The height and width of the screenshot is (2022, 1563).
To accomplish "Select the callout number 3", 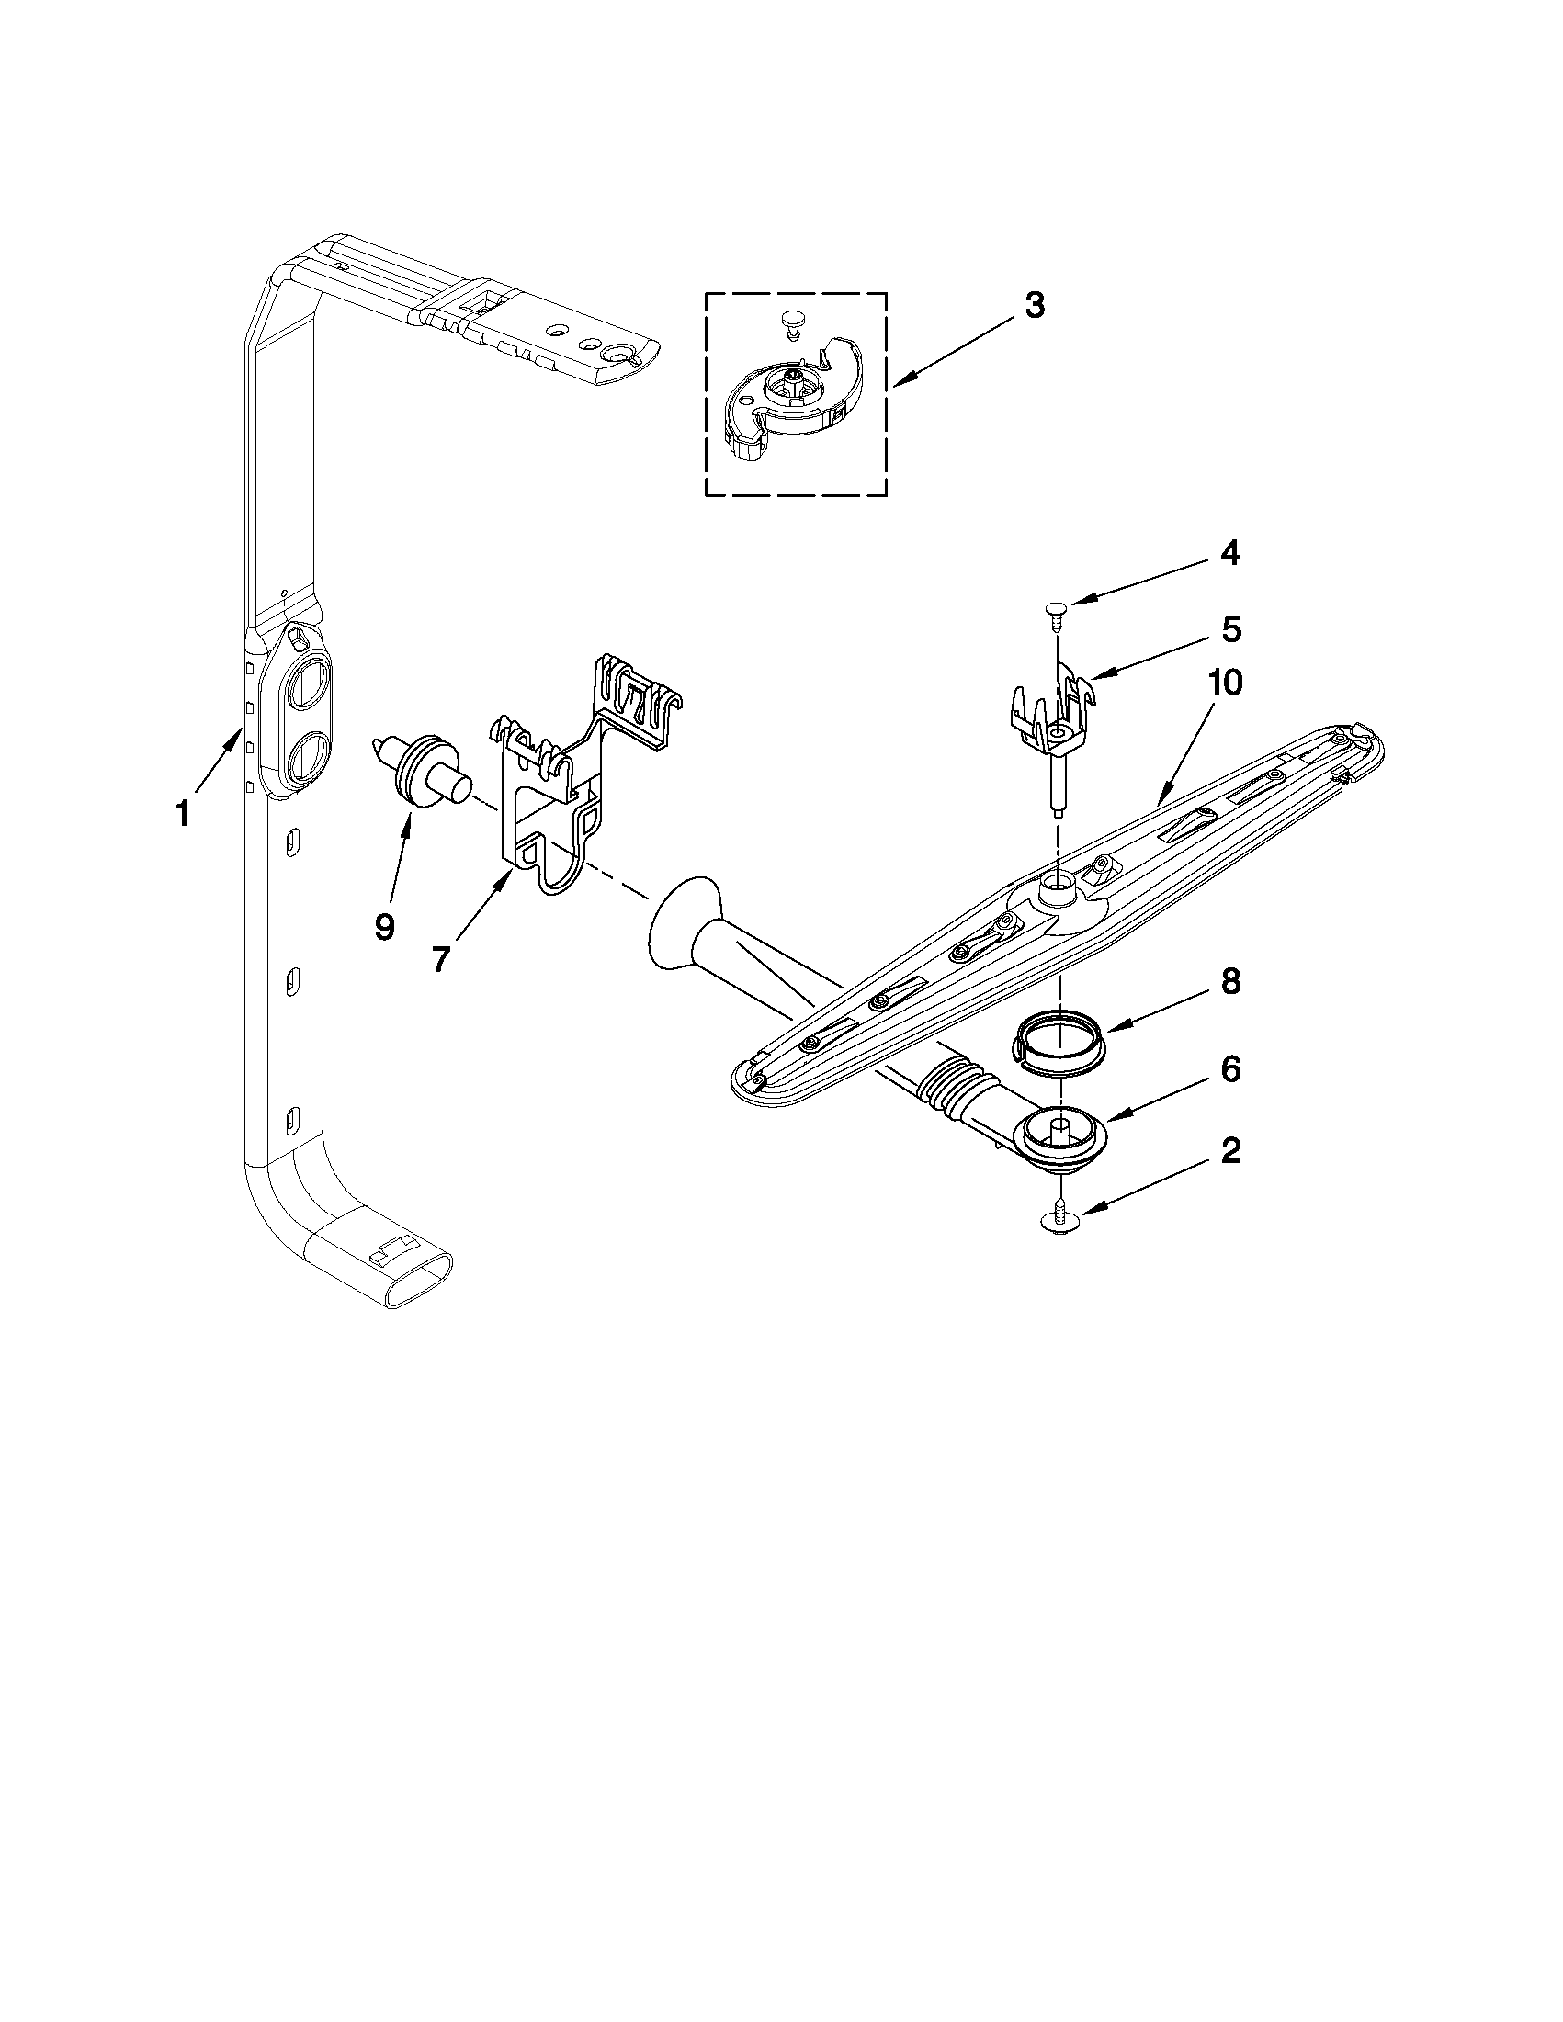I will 1036,305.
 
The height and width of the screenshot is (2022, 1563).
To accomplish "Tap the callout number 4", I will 1229,553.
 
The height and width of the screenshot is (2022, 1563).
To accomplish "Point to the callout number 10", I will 1225,683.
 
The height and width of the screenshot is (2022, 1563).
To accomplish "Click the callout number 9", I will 383,926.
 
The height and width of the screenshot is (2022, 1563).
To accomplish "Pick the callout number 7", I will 441,959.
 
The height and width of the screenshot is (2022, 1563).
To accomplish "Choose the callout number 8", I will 1229,982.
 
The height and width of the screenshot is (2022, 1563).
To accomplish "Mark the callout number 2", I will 1229,1151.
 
